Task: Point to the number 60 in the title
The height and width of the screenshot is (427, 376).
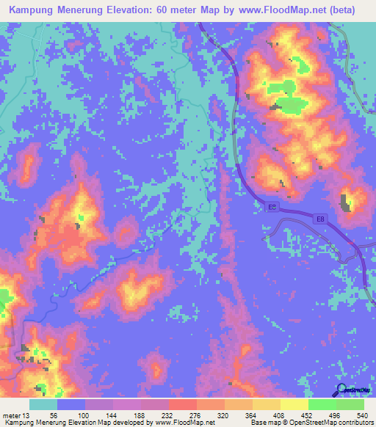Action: pyautogui.click(x=179, y=10)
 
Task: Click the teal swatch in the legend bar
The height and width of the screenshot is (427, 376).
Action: pyautogui.click(x=43, y=405)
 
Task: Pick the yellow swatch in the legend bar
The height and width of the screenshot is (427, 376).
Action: pyautogui.click(x=294, y=405)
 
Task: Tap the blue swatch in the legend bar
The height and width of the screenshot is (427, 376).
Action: pyautogui.click(x=71, y=405)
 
